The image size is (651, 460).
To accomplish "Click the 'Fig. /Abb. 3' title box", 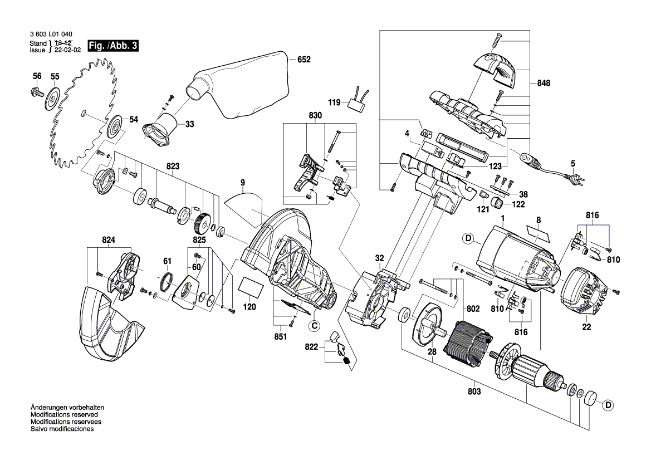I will (113, 46).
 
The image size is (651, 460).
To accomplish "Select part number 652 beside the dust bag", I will (304, 60).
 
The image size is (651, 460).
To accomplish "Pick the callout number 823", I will (173, 166).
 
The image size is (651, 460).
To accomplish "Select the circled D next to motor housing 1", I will (468, 239).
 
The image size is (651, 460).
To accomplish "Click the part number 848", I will (544, 83).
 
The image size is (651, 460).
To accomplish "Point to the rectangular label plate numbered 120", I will (250, 289).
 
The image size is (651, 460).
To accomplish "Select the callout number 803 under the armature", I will (474, 392).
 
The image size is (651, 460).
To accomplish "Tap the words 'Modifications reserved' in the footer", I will (64, 415).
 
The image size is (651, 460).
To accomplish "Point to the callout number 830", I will (315, 115).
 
